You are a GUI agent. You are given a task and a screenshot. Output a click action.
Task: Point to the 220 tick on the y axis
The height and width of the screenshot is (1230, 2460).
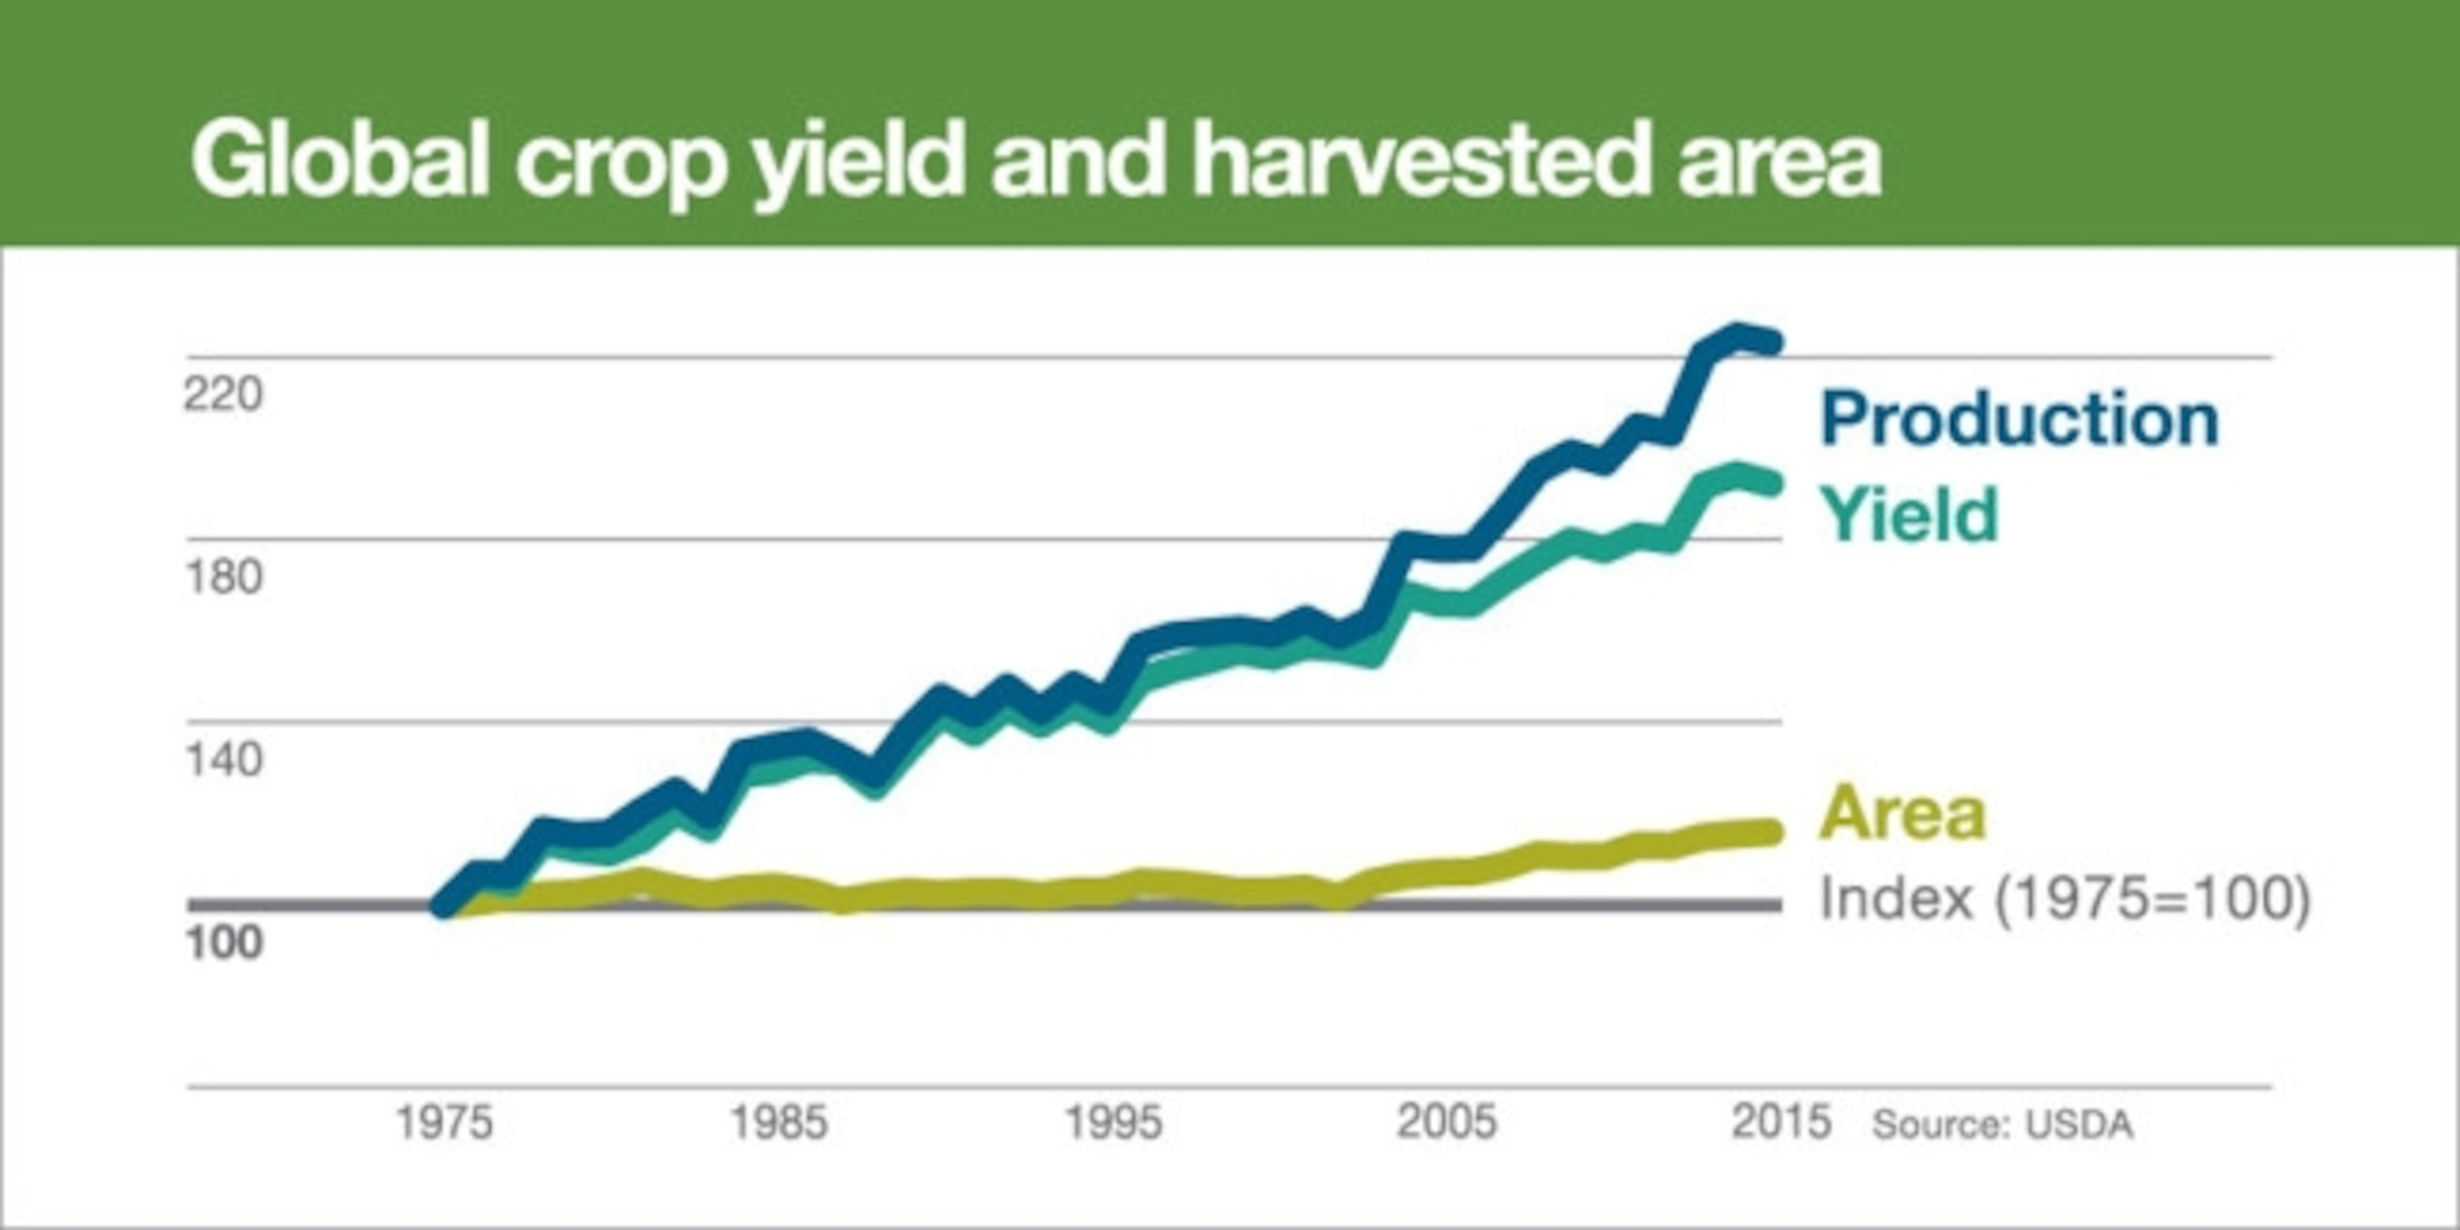pyautogui.click(x=223, y=393)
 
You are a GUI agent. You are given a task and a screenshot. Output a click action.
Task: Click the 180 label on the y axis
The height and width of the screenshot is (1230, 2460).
pyautogui.click(x=223, y=577)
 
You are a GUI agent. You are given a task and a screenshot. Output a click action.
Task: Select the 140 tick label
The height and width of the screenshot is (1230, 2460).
pyautogui.click(x=223, y=760)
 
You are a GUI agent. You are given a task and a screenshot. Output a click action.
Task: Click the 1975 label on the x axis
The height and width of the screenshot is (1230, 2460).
pyautogui.click(x=444, y=1123)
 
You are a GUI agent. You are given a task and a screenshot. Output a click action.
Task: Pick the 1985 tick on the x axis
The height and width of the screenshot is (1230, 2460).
pyautogui.click(x=778, y=1123)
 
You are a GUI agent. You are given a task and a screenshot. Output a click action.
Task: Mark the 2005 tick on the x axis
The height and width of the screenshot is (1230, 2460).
pyautogui.click(x=1447, y=1123)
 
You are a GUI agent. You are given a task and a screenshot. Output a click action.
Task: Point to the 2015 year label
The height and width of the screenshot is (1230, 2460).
pyautogui.click(x=1781, y=1123)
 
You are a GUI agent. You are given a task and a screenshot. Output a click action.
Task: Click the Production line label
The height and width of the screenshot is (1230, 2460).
pyautogui.click(x=2019, y=418)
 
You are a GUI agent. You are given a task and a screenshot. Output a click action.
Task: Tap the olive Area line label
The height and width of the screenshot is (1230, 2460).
pyautogui.click(x=1903, y=813)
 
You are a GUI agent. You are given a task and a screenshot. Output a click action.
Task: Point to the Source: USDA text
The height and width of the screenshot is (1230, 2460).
pyautogui.click(x=2002, y=1125)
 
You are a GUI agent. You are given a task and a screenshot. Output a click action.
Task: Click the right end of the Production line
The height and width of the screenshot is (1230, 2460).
pyautogui.click(x=1772, y=343)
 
